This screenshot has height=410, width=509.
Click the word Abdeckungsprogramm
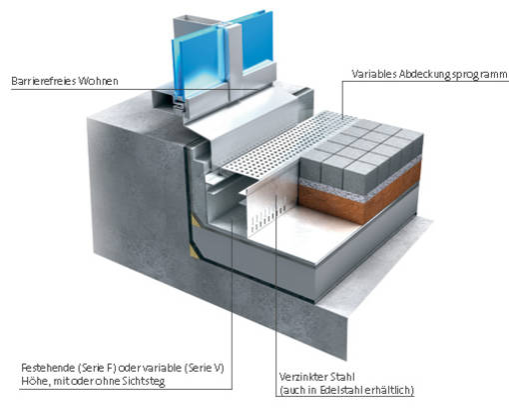point(452,74)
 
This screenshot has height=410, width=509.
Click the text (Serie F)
point(97,368)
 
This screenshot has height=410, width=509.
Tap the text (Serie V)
point(205,368)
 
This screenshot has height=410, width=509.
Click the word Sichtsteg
point(144,381)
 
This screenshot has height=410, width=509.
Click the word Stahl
point(342,377)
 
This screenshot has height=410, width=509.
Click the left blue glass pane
point(197,63)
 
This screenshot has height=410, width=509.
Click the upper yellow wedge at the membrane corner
point(195,222)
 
